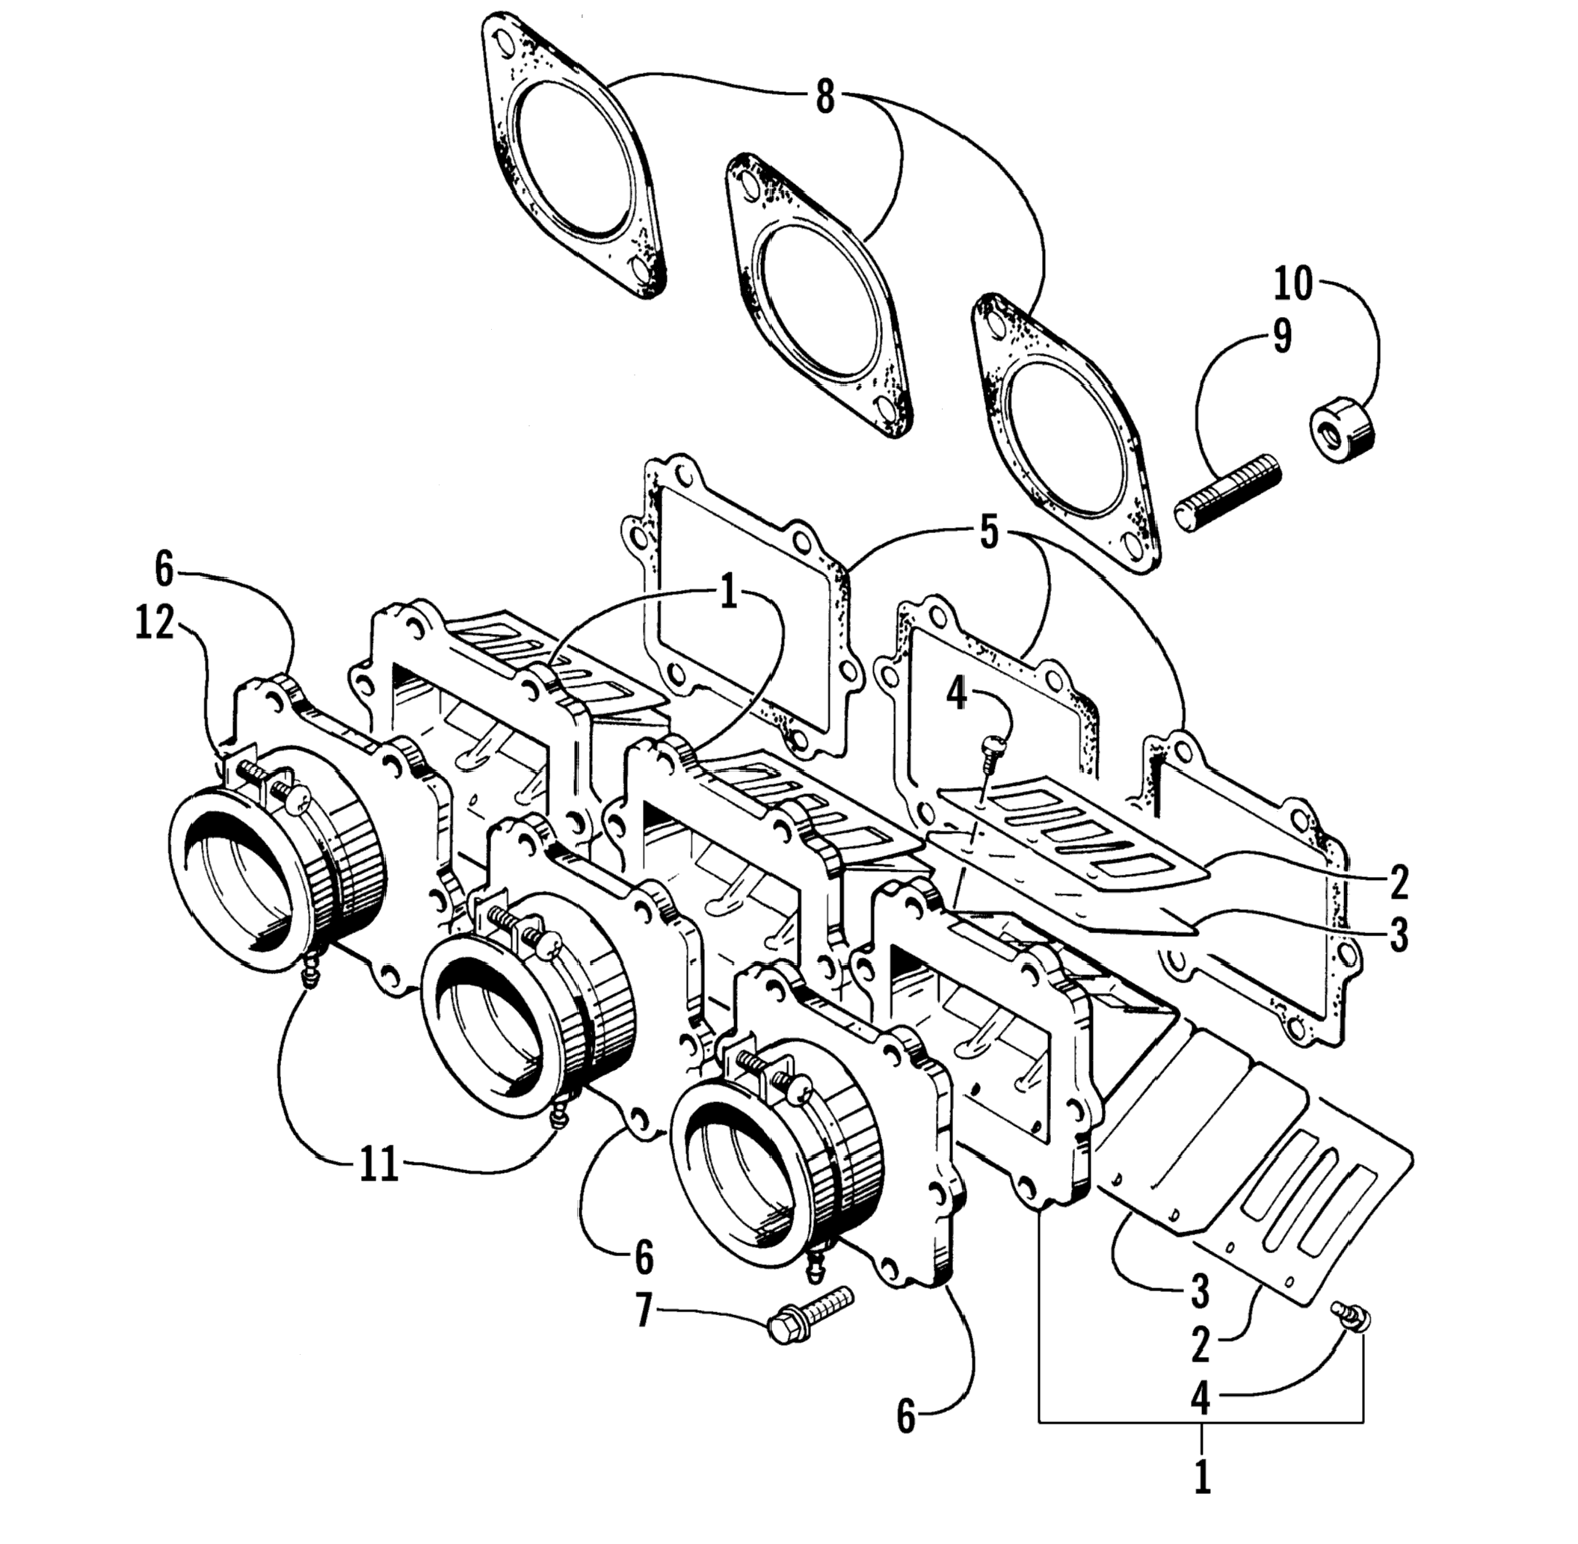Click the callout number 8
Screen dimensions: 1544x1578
tap(824, 97)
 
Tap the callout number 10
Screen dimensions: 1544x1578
tap(1292, 285)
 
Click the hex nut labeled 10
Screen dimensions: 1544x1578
tap(1342, 434)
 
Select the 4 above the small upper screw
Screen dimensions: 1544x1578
tap(958, 693)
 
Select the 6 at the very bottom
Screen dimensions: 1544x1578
tap(906, 1418)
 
